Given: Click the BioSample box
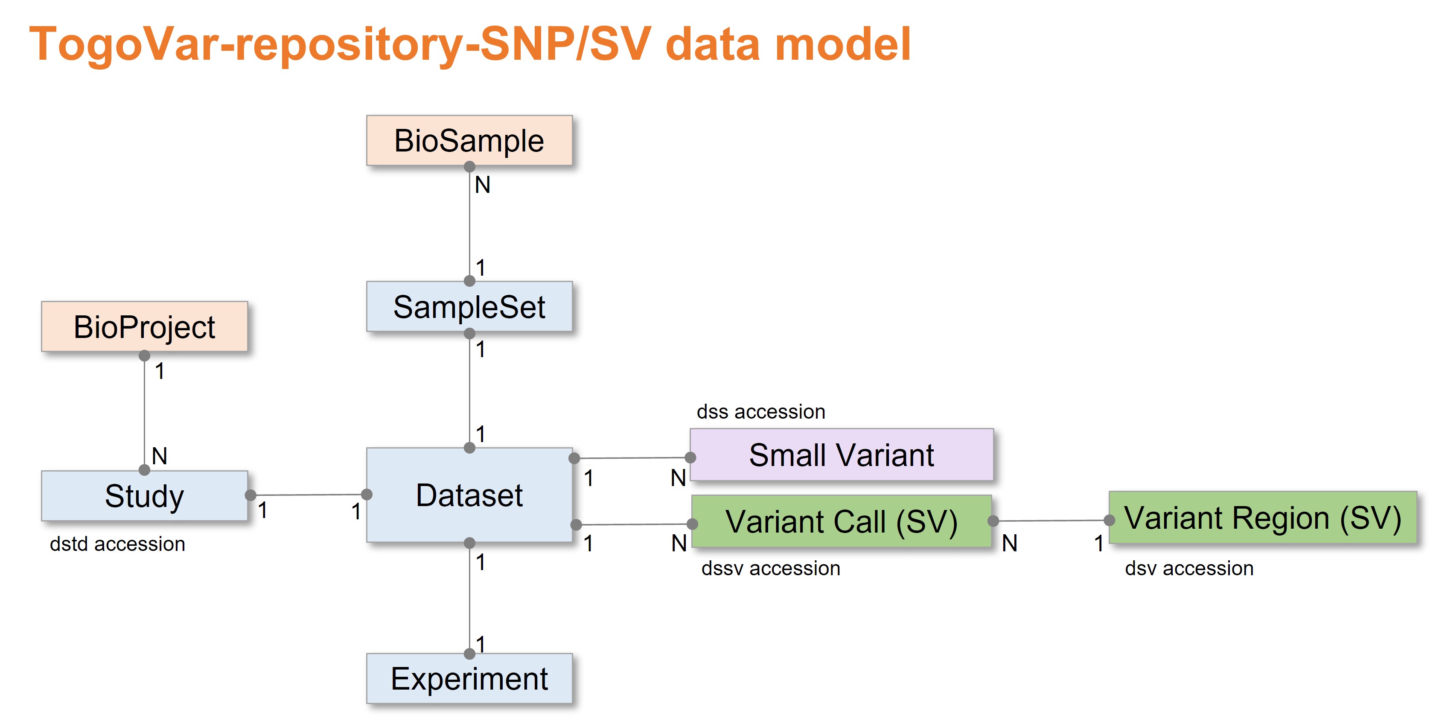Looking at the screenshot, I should [469, 140].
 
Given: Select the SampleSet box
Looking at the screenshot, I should [469, 306].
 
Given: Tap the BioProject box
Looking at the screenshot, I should [144, 326].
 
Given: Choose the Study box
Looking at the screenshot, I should [144, 495].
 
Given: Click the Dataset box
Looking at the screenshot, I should [469, 495].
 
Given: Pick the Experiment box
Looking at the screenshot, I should [469, 678].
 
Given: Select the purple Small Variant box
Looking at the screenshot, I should [841, 454].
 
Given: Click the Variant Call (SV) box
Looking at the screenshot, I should [841, 521].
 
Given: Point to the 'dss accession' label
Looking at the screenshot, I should [760, 411].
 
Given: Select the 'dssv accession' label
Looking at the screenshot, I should [770, 568].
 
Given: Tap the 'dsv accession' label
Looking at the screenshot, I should [1189, 568].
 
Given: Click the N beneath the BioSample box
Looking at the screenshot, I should [482, 185].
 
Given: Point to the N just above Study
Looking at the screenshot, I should [159, 456].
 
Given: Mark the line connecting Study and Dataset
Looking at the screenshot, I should [309, 495].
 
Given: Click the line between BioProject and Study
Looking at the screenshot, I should [145, 411].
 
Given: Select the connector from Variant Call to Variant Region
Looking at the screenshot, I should [1051, 521].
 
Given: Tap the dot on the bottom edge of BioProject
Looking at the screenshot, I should [144, 355].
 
